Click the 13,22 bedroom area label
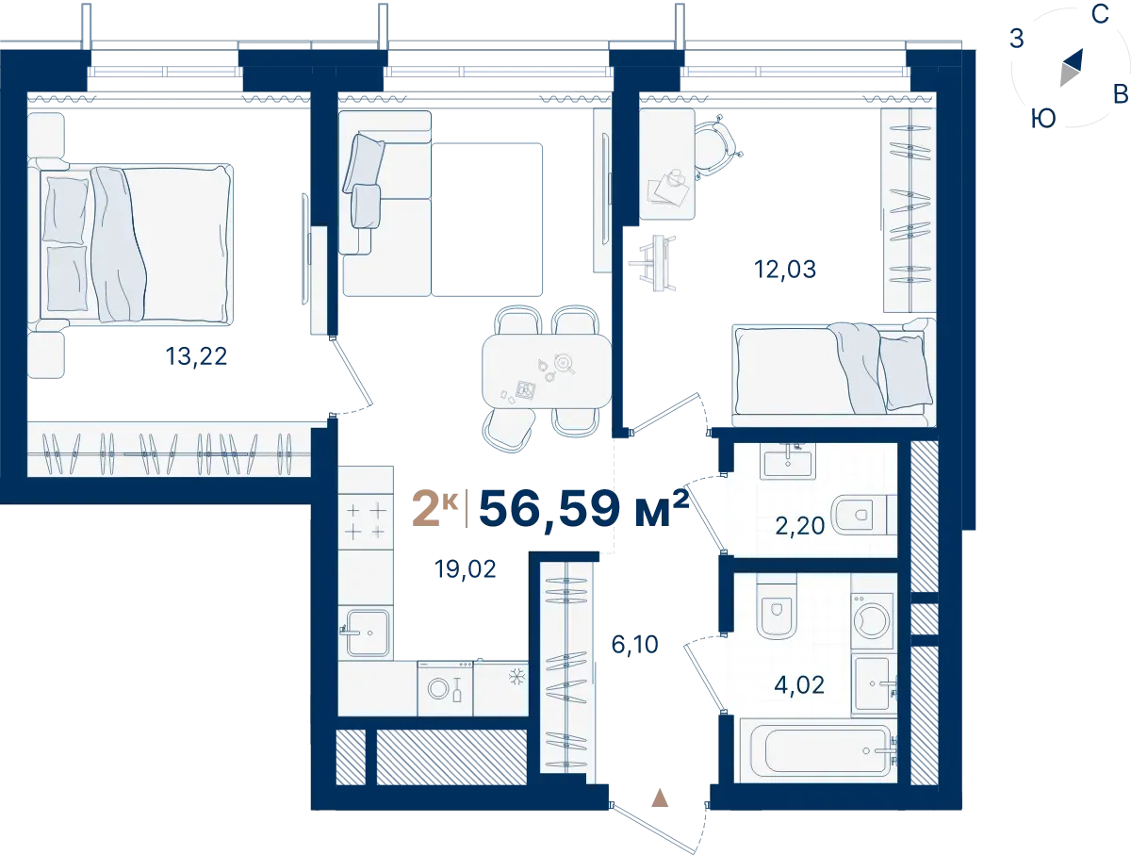pos(196,356)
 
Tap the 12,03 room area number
pos(785,269)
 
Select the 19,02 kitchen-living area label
pos(466,569)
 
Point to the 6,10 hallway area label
pos(635,644)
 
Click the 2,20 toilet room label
pos(800,526)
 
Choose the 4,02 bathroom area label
pos(799,685)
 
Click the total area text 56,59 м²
pos(583,508)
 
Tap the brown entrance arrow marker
pos(660,798)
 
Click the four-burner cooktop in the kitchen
pos(366,520)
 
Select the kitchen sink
pos(366,633)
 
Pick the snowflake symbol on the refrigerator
pos(516,677)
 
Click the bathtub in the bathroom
pos(818,751)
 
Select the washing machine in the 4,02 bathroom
pos(872,621)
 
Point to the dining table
pos(547,370)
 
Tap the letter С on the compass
pos(1100,14)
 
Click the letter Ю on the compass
pos(1043,119)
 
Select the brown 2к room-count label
pos(435,509)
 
